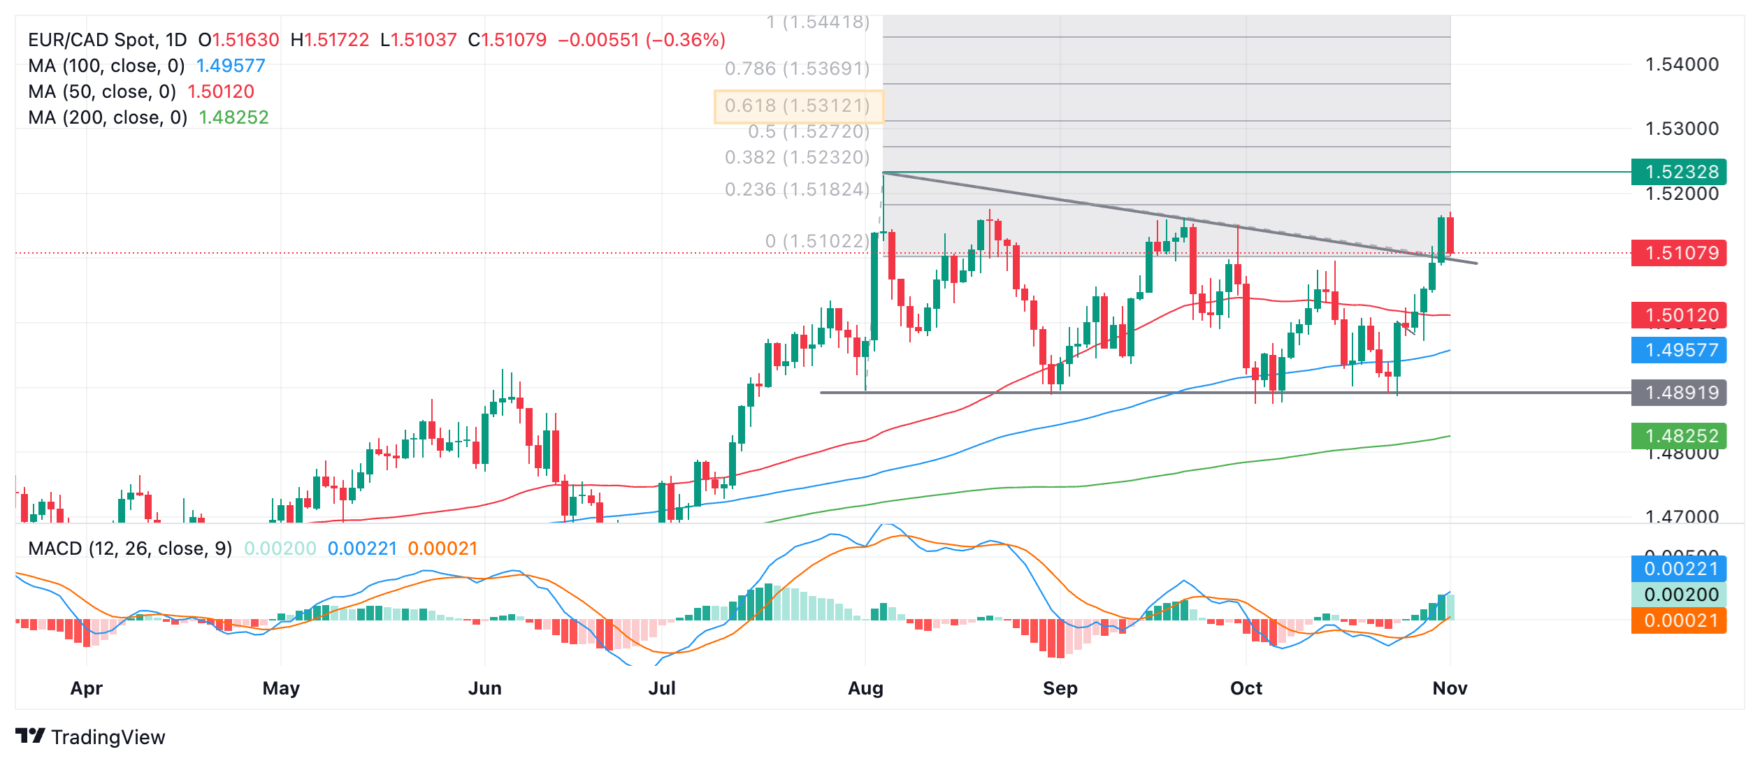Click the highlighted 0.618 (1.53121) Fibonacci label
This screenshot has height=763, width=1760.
coord(798,106)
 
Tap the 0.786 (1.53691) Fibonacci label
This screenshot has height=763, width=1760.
coord(798,68)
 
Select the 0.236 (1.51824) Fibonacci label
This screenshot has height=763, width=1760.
coord(798,189)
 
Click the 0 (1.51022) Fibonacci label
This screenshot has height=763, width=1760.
coord(817,241)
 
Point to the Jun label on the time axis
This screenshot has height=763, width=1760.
coord(484,688)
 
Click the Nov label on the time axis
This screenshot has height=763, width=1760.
coord(1450,688)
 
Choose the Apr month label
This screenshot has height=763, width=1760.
coord(87,688)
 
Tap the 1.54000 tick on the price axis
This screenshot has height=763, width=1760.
coord(1682,65)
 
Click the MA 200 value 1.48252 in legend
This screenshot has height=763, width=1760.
coord(233,117)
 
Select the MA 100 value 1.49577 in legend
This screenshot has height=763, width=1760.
coord(231,66)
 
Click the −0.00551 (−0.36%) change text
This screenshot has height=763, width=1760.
coord(641,40)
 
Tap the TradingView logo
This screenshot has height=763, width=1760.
coord(90,736)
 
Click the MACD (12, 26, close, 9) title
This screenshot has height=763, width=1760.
coord(130,548)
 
